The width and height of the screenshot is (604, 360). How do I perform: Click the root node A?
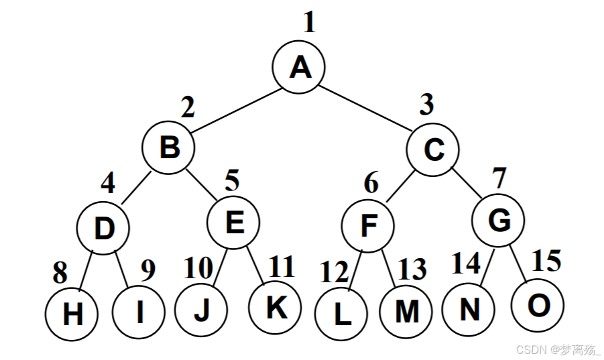(299, 67)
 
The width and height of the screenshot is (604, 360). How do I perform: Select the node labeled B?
(168, 146)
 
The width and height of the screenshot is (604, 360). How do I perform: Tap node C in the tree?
(434, 150)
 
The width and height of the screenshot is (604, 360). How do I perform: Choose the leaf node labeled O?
(538, 306)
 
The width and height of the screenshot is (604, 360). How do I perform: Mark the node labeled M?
(406, 312)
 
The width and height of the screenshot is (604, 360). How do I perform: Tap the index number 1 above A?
(308, 23)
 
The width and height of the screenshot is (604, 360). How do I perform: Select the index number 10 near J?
(199, 269)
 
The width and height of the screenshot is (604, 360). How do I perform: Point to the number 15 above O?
(546, 261)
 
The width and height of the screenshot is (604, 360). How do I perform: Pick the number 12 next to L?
(334, 273)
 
